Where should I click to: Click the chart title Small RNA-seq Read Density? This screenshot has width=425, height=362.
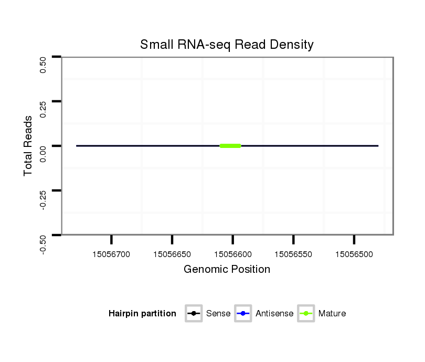click(x=227, y=45)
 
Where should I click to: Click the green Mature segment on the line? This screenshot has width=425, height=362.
click(x=230, y=145)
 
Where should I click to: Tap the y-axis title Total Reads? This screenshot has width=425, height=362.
click(x=29, y=145)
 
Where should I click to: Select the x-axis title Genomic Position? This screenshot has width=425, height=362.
click(x=227, y=270)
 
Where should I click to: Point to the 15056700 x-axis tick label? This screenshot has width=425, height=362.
click(x=111, y=254)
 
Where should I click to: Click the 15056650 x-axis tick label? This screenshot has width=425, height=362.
click(x=172, y=254)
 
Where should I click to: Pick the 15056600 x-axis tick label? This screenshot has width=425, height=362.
click(x=232, y=254)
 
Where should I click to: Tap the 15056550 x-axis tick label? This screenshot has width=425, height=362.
click(x=293, y=254)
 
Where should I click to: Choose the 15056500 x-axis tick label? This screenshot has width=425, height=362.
click(x=354, y=254)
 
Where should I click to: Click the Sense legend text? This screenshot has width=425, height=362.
click(x=218, y=314)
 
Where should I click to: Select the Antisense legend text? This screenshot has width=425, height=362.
click(x=274, y=314)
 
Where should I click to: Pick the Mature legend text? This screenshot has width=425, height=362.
click(x=332, y=314)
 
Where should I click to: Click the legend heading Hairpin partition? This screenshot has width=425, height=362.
click(x=142, y=314)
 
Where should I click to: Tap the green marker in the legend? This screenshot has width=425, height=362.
click(x=306, y=314)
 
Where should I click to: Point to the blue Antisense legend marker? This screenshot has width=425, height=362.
click(x=243, y=314)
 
